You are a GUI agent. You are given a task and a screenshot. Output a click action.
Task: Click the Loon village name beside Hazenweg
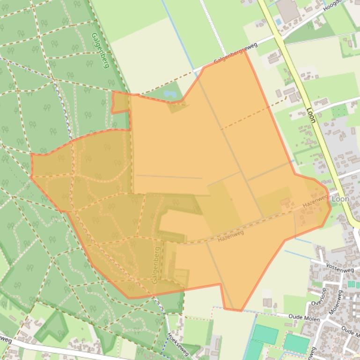tap(340, 199)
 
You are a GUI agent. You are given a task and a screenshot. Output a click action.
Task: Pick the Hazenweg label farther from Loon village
tap(231, 236)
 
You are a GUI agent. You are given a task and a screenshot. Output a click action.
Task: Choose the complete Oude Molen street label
tap(304, 319)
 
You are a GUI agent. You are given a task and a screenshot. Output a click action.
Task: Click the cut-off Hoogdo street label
tap(333, 6)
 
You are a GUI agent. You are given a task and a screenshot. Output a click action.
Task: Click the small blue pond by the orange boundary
tap(169, 94)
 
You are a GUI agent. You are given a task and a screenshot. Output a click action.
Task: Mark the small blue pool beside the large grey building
tap(279, 22)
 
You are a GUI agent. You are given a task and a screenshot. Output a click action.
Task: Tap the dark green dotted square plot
tap(340, 111)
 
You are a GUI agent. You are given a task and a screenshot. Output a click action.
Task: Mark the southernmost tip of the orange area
tap(240, 310)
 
